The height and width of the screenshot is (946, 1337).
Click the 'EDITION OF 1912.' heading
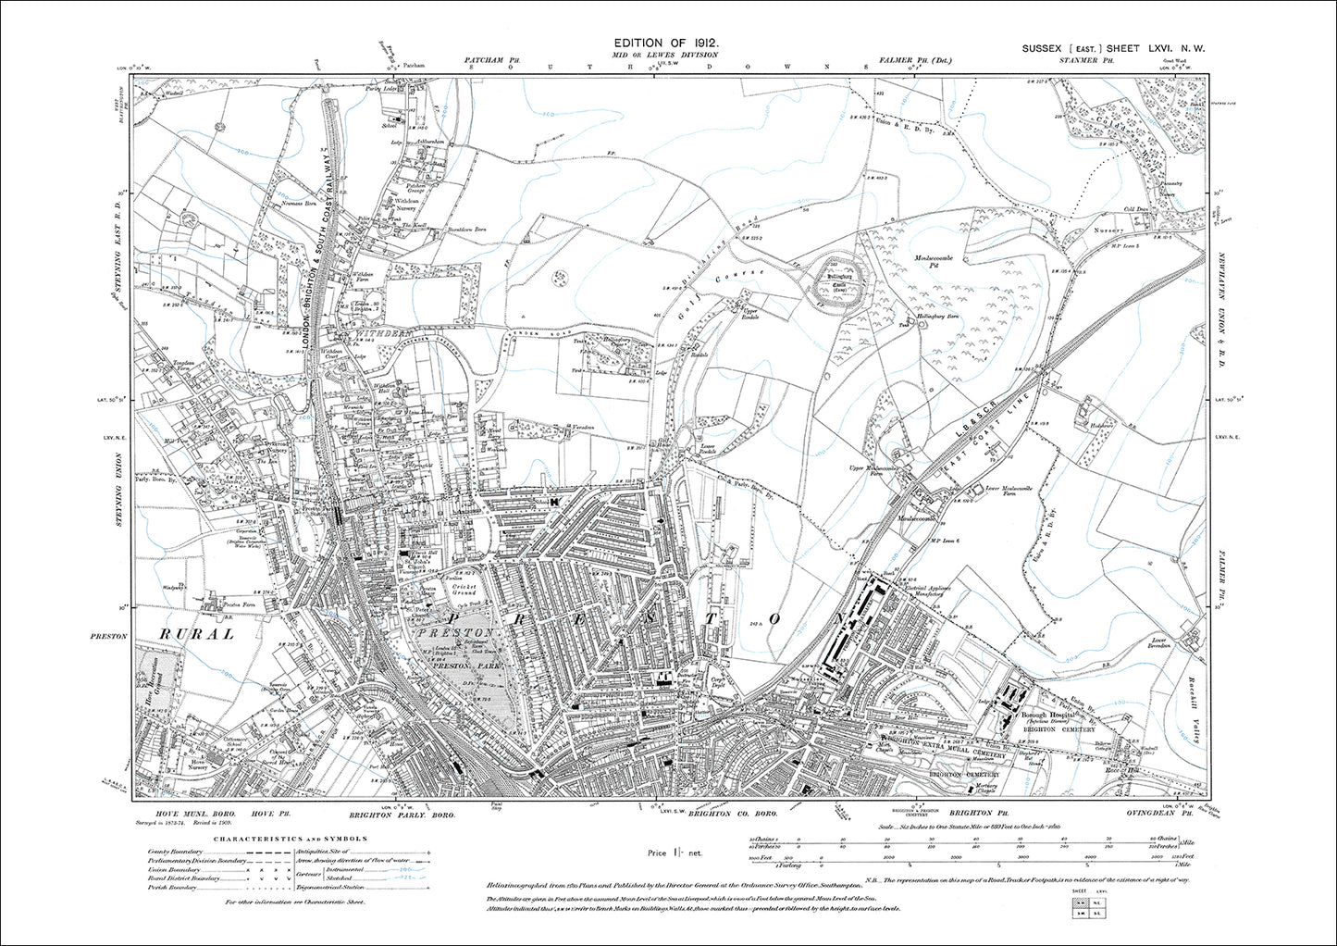[666, 44]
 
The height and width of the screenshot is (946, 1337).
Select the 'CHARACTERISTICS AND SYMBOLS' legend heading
[291, 839]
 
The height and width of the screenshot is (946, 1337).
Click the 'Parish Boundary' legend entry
[174, 887]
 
